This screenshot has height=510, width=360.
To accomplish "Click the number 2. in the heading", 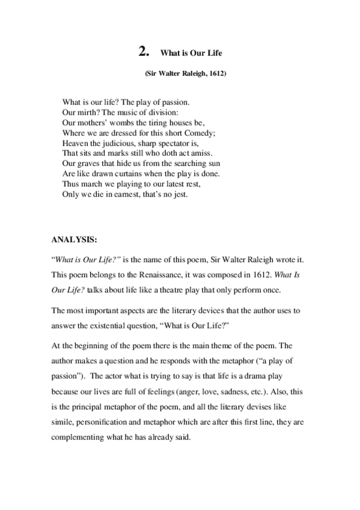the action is [x=143, y=52].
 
